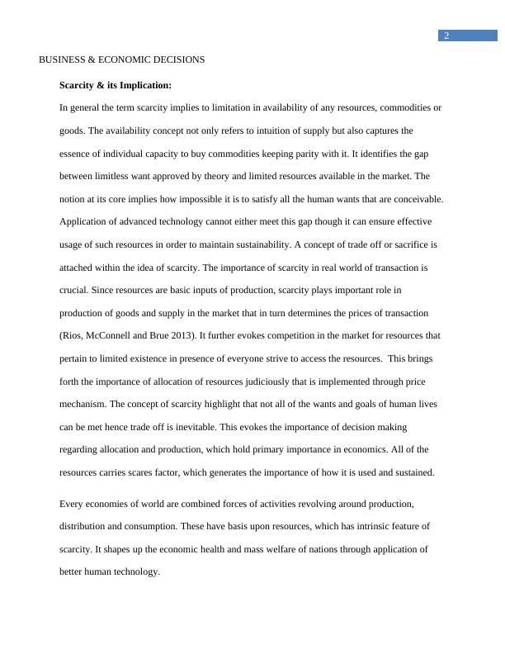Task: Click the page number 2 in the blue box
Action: (446, 36)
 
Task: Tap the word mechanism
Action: (83, 405)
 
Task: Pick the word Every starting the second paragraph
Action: (73, 504)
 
